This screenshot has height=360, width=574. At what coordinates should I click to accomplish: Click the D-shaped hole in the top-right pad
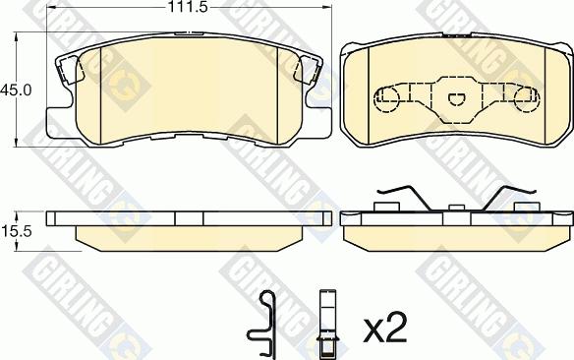tap(457, 97)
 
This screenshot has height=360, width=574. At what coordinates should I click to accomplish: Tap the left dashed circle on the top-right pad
tap(387, 97)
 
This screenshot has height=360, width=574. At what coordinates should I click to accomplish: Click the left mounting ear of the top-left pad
tap(65, 72)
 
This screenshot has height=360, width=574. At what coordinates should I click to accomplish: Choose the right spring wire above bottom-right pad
tap(511, 196)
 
